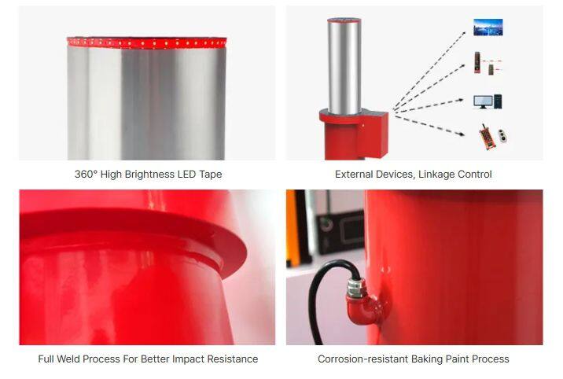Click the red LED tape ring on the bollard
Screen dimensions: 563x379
point(146,42)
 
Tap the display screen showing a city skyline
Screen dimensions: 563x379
point(488,28)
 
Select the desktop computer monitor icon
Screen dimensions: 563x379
point(483,102)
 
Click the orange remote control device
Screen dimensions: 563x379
point(487,136)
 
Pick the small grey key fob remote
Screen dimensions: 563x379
point(502,136)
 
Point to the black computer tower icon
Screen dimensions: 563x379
point(498,101)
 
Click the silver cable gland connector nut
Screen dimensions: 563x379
point(355,287)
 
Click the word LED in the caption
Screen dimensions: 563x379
point(186,175)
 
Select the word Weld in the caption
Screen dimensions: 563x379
point(68,359)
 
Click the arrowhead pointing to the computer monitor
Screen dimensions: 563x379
point(460,100)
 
